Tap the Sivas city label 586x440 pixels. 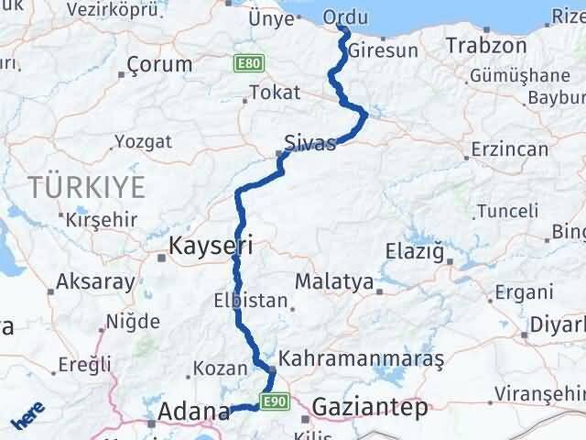coord(310,143)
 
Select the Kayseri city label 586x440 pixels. coord(211,245)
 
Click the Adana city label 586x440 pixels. coord(193,412)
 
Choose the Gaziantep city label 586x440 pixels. coord(370,406)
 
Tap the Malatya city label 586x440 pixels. coord(334,282)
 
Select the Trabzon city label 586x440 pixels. coord(486,46)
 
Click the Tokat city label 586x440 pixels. coord(275,93)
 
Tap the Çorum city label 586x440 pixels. coord(161,64)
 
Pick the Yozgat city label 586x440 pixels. coord(142,141)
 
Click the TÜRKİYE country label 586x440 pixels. coord(87,189)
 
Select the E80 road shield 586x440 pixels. coord(243,64)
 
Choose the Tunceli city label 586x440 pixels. coord(503,212)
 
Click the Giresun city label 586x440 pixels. coord(383,50)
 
